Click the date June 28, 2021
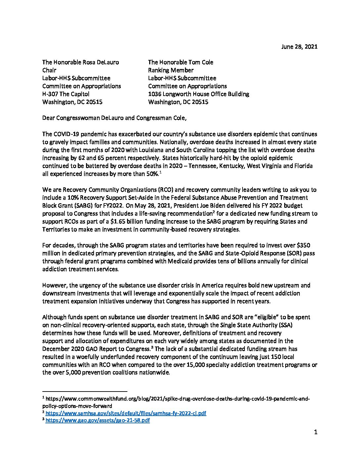pos(299,47)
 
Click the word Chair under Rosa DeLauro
pos(49,70)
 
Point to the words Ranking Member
pos(171,70)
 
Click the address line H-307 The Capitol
pos(66,94)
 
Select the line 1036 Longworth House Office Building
pos(199,94)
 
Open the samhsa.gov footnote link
pos(126,413)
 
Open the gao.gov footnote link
pos(98,420)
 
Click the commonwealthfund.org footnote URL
pos(177,399)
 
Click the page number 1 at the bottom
pos(315,432)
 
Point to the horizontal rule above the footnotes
pos(85,391)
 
